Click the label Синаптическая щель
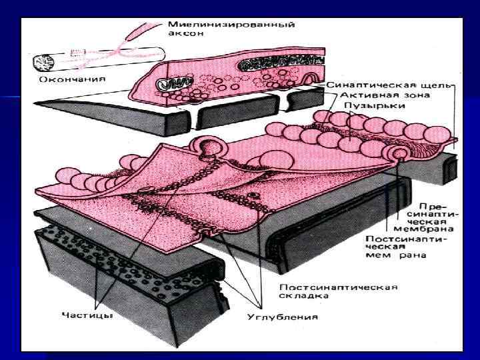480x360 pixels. pyautogui.click(x=391, y=85)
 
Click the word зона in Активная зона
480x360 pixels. pyautogui.click(x=399, y=95)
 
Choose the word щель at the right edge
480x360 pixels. pyautogui.click(x=441, y=85)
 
